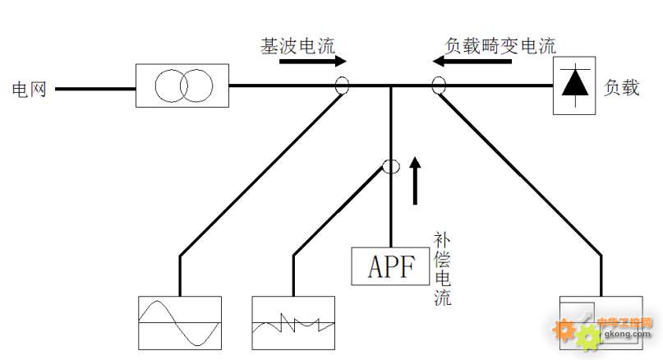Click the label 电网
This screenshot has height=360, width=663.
click(28, 89)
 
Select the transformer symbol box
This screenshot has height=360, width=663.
click(182, 85)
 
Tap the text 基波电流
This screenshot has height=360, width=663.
click(293, 46)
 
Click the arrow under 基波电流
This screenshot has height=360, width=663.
click(313, 62)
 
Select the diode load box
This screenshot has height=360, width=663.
click(574, 85)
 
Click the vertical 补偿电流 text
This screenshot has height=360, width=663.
click(443, 268)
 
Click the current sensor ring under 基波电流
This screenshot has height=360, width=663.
click(342, 85)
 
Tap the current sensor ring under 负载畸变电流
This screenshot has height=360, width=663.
click(439, 85)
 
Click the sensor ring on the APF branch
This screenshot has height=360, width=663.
click(391, 167)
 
